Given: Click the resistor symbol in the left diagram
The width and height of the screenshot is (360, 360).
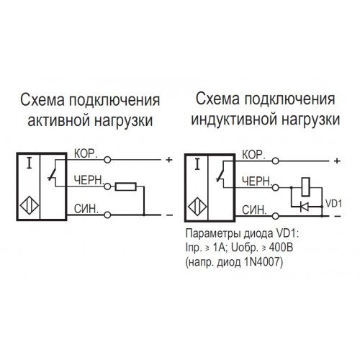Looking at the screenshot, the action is [126, 186].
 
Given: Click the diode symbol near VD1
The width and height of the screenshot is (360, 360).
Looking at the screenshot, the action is [305, 206].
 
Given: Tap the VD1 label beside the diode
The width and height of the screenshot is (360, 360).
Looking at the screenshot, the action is [333, 203].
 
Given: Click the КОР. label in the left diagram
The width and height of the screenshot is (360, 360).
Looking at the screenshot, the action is [86, 154].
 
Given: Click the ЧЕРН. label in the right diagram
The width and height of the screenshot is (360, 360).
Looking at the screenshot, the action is [256, 181].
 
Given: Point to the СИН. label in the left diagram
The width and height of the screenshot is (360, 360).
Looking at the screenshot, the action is [86, 210].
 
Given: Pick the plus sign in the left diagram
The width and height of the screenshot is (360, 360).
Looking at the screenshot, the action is [169, 160].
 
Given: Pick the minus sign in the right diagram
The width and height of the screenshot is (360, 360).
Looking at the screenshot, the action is [337, 216].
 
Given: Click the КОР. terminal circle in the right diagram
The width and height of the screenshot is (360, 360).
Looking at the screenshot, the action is [276, 161].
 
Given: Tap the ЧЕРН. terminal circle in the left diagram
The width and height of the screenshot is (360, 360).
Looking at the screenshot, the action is [107, 186].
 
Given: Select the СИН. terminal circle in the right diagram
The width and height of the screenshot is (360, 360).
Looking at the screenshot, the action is [276, 216].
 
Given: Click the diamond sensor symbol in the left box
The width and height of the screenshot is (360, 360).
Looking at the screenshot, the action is [30, 206].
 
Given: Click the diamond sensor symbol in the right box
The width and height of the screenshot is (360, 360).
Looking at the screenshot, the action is [197, 207].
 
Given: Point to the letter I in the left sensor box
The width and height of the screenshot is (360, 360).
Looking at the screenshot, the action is [29, 164].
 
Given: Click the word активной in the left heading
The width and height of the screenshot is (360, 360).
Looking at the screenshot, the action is [59, 121].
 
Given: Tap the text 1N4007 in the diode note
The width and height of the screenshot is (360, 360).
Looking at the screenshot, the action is [263, 262].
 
